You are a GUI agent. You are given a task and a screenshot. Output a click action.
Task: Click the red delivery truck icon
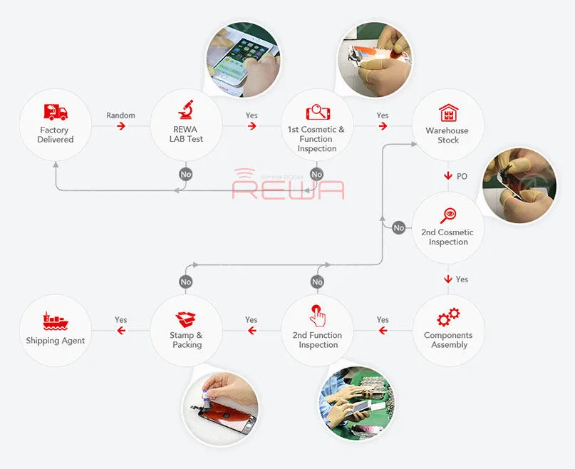tap(56, 112)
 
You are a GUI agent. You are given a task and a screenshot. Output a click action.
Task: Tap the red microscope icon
tap(186, 109)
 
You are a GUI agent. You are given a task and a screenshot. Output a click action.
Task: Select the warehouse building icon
tap(448, 113)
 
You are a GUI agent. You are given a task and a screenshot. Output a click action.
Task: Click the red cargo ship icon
tap(56, 321)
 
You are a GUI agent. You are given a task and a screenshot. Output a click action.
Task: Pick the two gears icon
tap(448, 317)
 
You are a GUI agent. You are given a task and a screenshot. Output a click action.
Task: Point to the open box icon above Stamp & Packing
tap(185, 319)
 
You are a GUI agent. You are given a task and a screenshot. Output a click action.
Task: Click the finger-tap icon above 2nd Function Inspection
tap(317, 316)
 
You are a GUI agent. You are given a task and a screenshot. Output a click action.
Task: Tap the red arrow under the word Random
tap(121, 126)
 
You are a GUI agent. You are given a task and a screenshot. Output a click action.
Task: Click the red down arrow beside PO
tap(447, 176)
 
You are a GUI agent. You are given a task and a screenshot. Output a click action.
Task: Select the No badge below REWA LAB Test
tap(186, 175)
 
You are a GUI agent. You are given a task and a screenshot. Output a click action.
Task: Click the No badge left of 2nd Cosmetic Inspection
tap(398, 228)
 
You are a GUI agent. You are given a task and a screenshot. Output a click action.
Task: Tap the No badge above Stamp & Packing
tap(186, 282)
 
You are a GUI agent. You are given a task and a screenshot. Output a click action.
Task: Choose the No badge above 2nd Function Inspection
tap(317, 282)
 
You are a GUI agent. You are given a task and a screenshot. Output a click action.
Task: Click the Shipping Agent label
tap(56, 341)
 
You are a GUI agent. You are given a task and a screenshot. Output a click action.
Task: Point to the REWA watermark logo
tap(289, 184)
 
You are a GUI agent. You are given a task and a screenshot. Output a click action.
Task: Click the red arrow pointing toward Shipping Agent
tap(121, 331)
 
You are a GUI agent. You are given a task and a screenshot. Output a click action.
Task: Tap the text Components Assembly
tap(448, 340)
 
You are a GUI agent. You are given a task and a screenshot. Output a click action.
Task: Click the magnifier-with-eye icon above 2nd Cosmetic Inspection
tap(448, 215)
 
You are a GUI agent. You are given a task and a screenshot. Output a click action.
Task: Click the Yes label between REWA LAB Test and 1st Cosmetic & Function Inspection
tap(252, 115)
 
